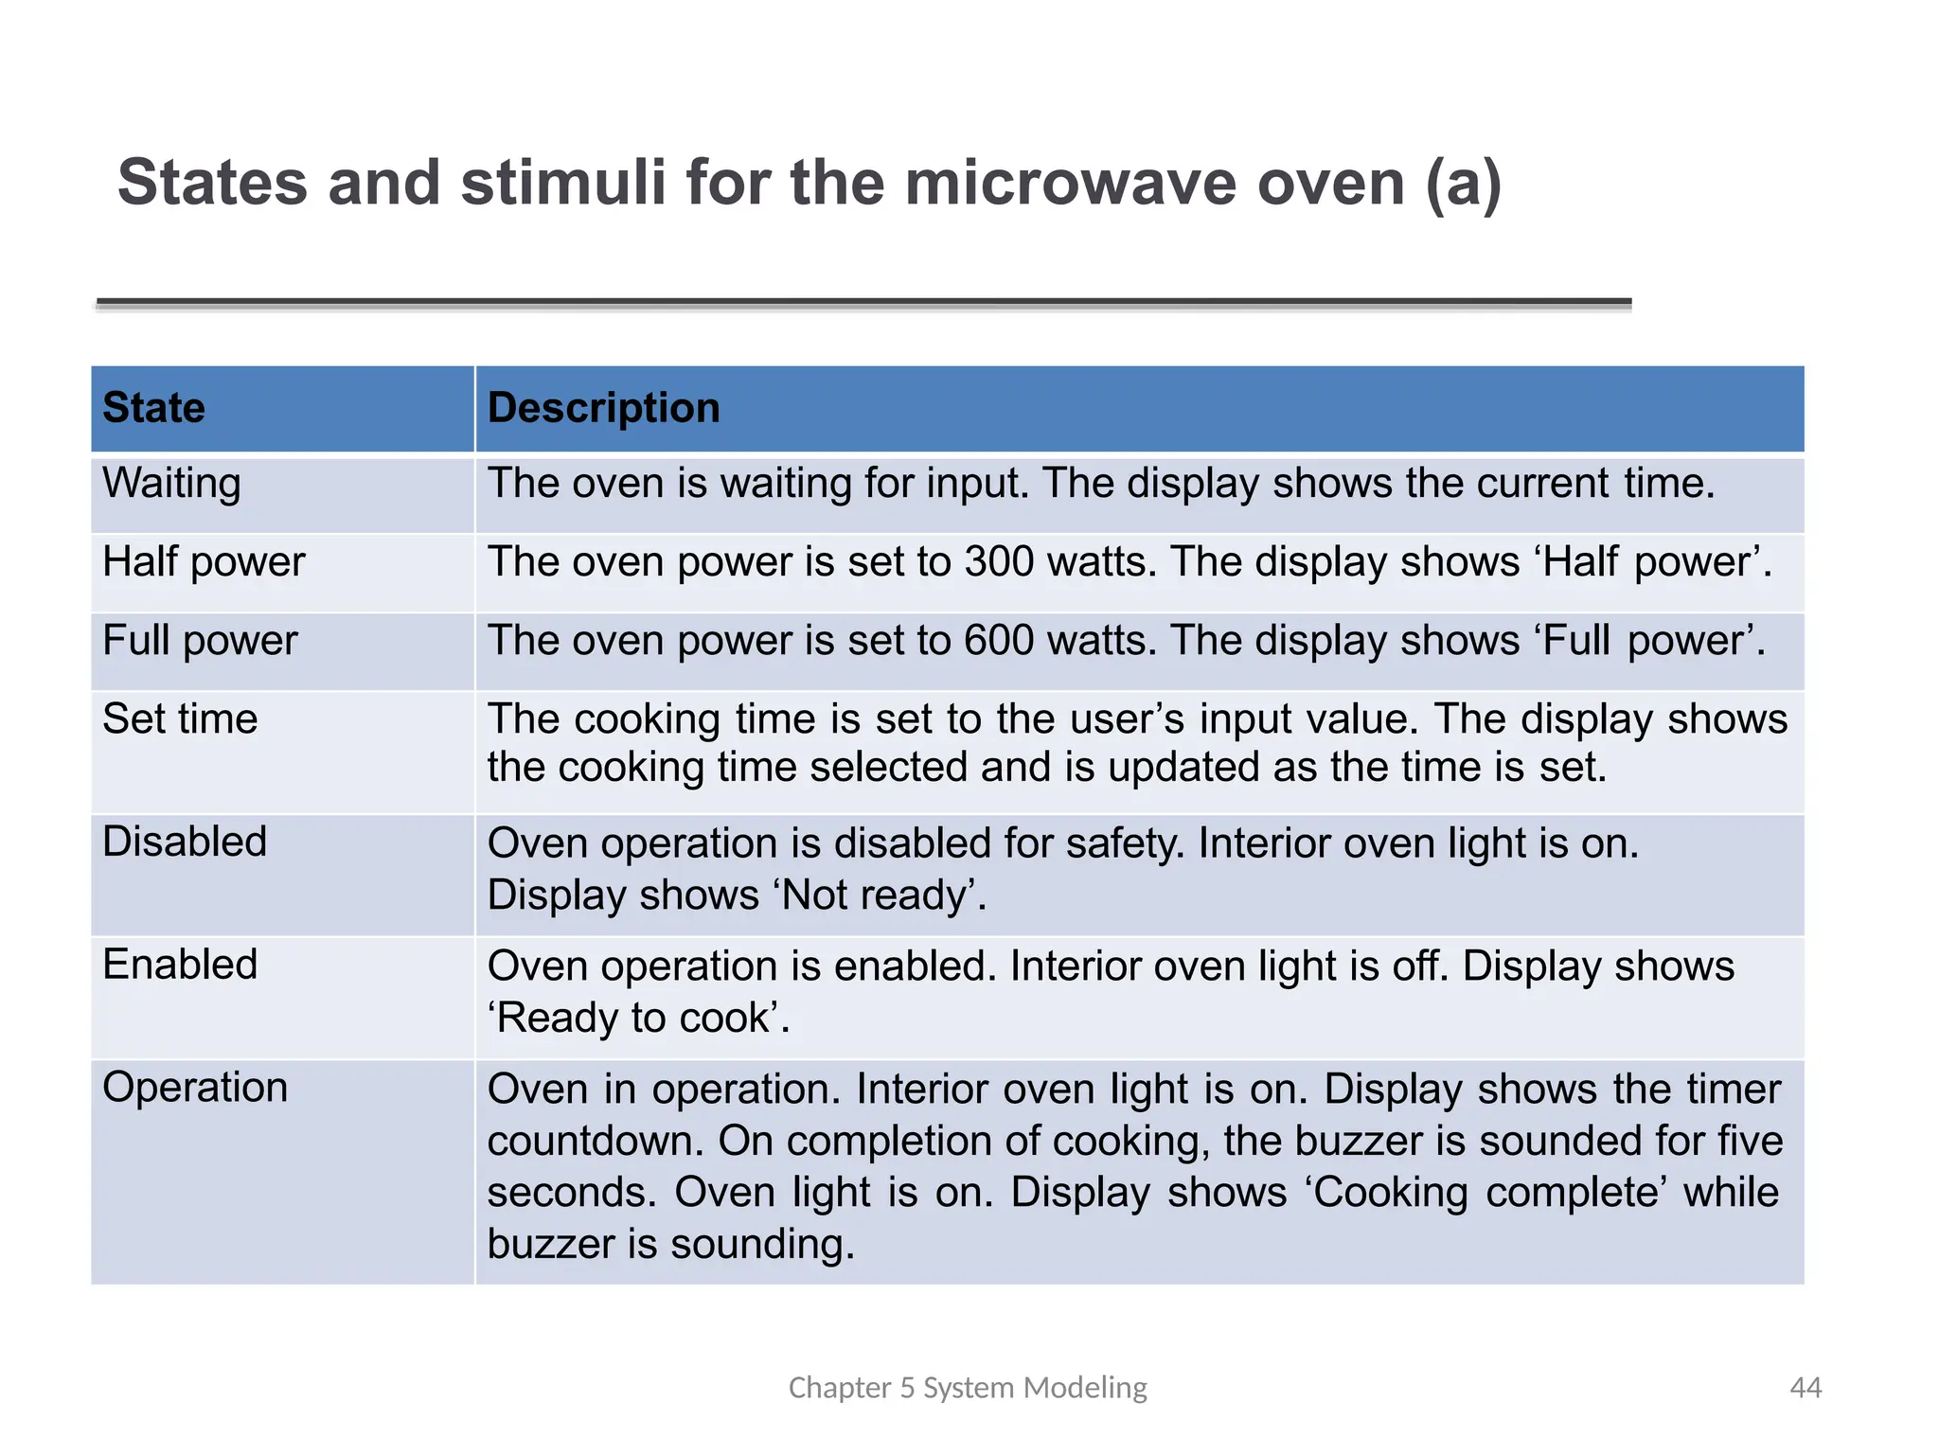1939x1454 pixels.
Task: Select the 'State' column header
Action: [153, 408]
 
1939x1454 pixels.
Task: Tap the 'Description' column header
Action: [603, 408]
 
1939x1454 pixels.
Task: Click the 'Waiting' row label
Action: [171, 484]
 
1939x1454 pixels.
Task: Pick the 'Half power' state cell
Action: [204, 562]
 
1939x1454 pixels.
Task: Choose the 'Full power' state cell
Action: [200, 641]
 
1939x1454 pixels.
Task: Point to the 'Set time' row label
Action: [180, 719]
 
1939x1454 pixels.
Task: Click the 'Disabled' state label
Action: [185, 842]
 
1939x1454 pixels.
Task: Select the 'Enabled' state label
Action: [180, 966]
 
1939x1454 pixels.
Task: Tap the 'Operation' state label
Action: [195, 1088]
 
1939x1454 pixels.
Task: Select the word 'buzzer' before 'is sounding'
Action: [550, 1244]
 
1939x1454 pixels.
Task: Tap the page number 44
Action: [1806, 1388]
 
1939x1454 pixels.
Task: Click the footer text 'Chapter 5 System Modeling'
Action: [968, 1388]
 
